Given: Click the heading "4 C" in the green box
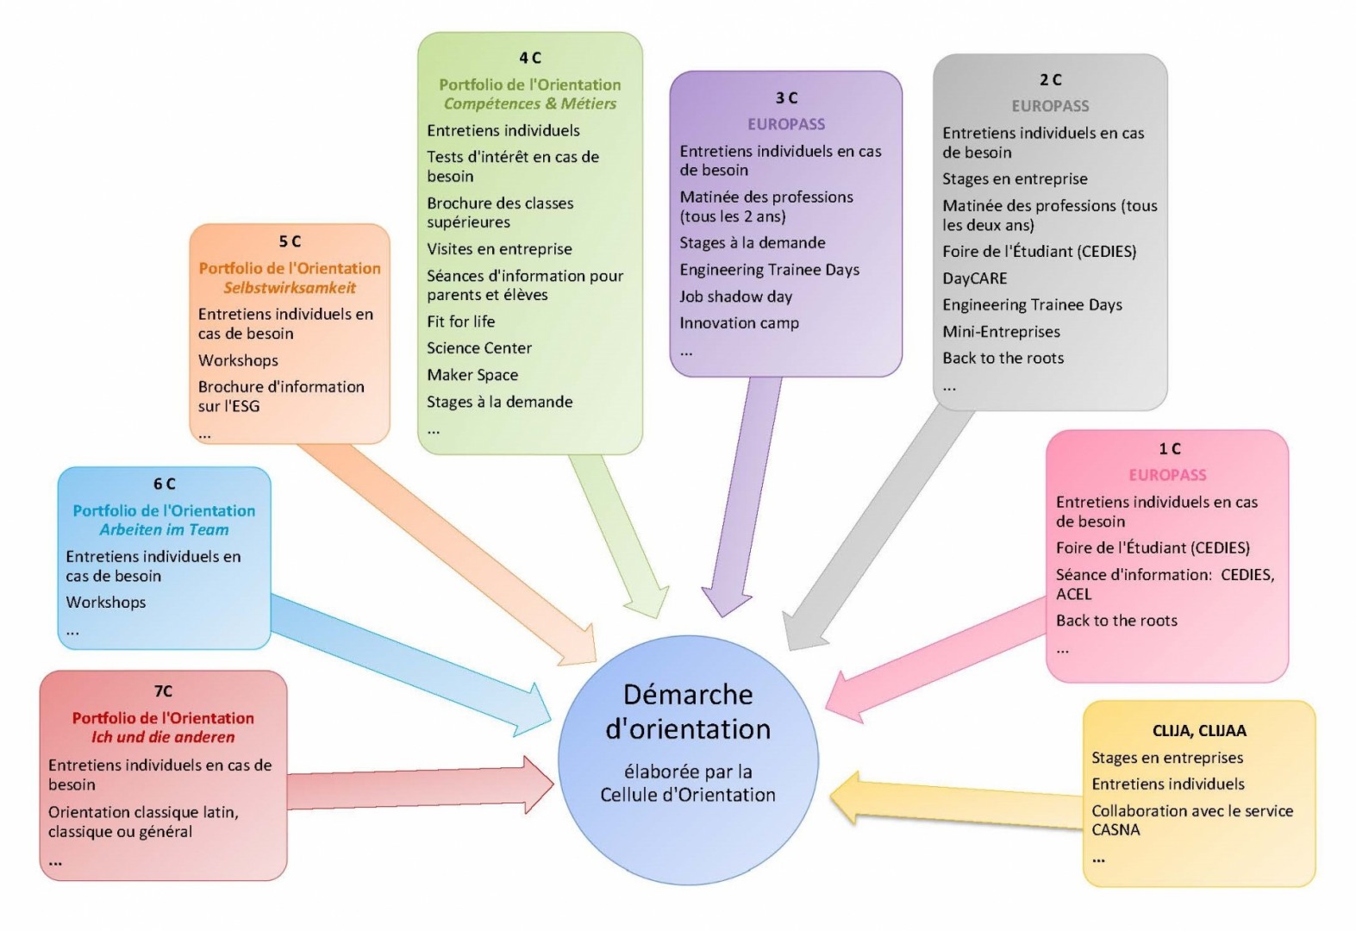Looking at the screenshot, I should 529,58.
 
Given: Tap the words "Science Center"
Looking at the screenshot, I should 478,348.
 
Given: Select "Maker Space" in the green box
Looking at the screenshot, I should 472,375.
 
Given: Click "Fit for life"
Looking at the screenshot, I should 460,322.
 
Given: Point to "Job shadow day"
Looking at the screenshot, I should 735,297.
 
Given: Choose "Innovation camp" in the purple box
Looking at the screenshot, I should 739,323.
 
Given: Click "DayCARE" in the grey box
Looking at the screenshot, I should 974,278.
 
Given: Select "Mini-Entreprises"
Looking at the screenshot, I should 1001,332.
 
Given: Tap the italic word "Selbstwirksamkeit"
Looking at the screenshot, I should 290,288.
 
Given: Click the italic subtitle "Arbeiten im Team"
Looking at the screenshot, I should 164,530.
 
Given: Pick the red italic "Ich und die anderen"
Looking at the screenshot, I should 163,737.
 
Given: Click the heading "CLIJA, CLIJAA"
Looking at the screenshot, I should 1198,731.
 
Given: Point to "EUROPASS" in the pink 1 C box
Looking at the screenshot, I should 1167,475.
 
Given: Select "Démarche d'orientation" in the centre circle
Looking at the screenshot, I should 688,712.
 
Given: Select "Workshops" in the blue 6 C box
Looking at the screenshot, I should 106,603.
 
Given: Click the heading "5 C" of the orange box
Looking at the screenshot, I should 290,241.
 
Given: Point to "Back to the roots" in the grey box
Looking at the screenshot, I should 1003,359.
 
